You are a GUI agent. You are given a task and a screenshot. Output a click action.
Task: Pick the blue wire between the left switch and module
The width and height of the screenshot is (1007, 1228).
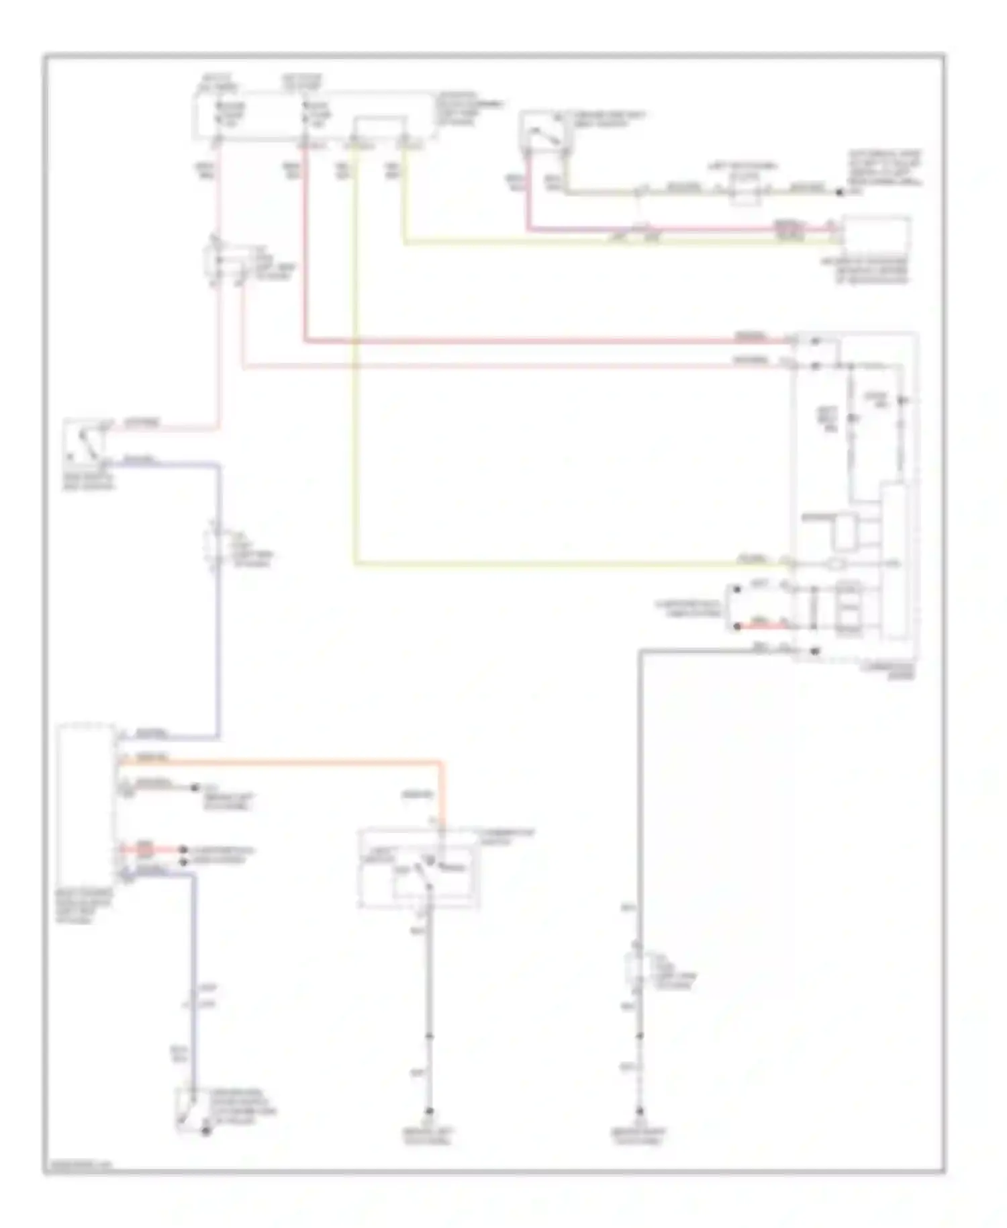pos(218,605)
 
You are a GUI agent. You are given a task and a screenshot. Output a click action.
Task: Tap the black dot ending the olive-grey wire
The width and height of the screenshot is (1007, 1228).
pos(839,192)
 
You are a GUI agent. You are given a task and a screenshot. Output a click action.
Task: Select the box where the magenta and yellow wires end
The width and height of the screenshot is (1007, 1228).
pos(876,238)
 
